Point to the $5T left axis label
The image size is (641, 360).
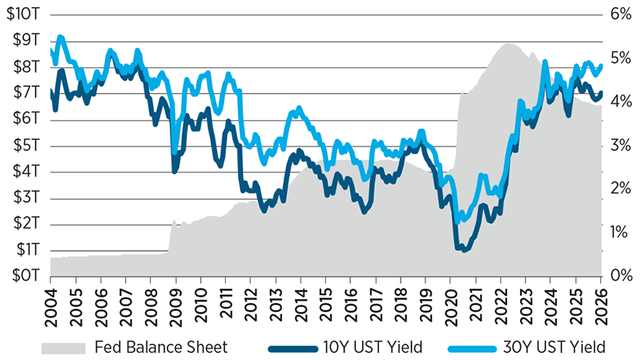26,145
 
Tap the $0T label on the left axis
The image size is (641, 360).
26,276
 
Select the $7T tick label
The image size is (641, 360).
26,93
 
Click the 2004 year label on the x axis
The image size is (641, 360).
50,304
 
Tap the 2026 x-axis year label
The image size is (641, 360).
601,304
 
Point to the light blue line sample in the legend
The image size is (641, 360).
470,346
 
